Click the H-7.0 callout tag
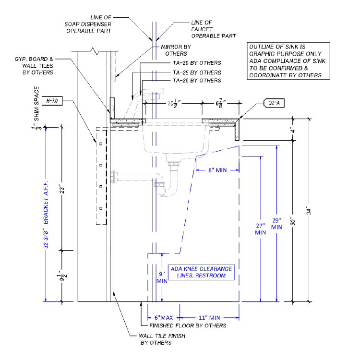point(53,101)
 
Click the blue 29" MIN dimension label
point(276,223)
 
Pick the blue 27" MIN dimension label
point(260,228)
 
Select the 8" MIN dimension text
point(218,169)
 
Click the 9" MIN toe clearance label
point(163,277)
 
